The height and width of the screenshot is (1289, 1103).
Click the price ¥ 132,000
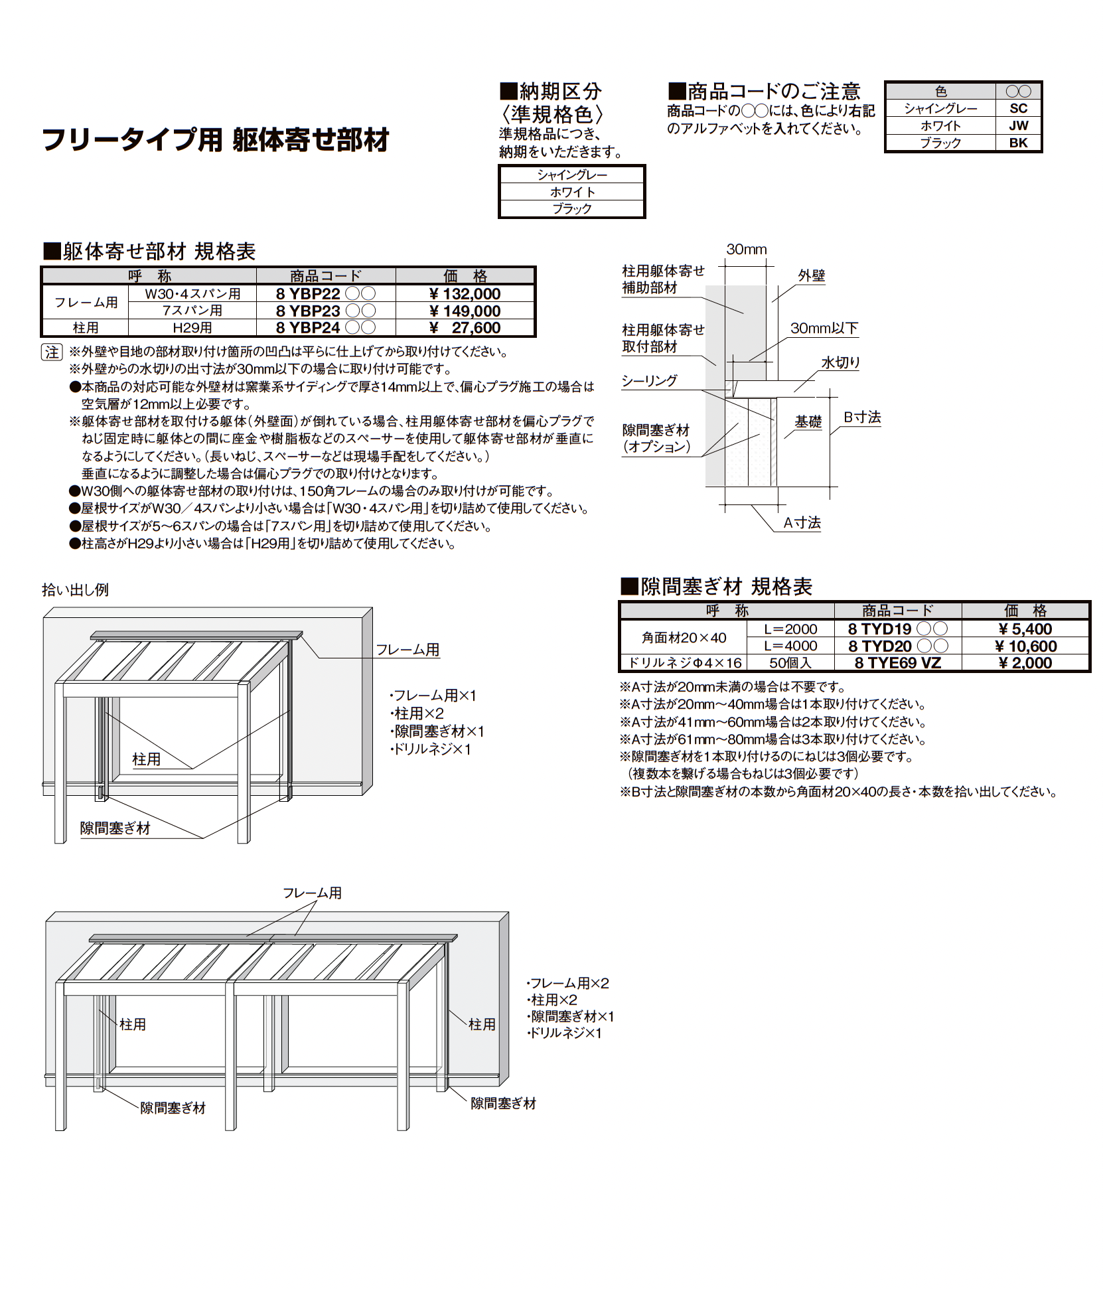point(465,294)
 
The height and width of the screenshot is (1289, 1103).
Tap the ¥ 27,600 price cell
point(465,328)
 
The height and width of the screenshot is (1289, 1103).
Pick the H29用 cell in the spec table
point(192,328)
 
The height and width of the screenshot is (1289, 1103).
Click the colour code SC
point(1018,109)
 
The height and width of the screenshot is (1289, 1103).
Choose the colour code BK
point(1018,143)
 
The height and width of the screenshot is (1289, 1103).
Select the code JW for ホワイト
point(1018,125)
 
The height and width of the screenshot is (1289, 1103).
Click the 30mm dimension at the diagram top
point(746,250)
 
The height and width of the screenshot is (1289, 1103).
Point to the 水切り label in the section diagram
point(840,362)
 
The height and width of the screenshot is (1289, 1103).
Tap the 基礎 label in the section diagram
point(808,421)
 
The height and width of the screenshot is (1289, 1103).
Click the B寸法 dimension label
point(862,417)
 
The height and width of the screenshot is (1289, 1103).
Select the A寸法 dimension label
point(802,523)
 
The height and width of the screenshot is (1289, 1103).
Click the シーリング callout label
point(649,381)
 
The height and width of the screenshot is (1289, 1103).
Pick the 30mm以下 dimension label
point(824,329)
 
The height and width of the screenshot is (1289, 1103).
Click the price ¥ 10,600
point(1026,646)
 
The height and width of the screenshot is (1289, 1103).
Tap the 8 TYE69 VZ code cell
point(897,662)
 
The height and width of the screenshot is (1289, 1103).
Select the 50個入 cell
point(790,662)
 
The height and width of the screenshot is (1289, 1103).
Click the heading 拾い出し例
point(75,590)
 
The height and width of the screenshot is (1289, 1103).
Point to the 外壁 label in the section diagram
point(811,275)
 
